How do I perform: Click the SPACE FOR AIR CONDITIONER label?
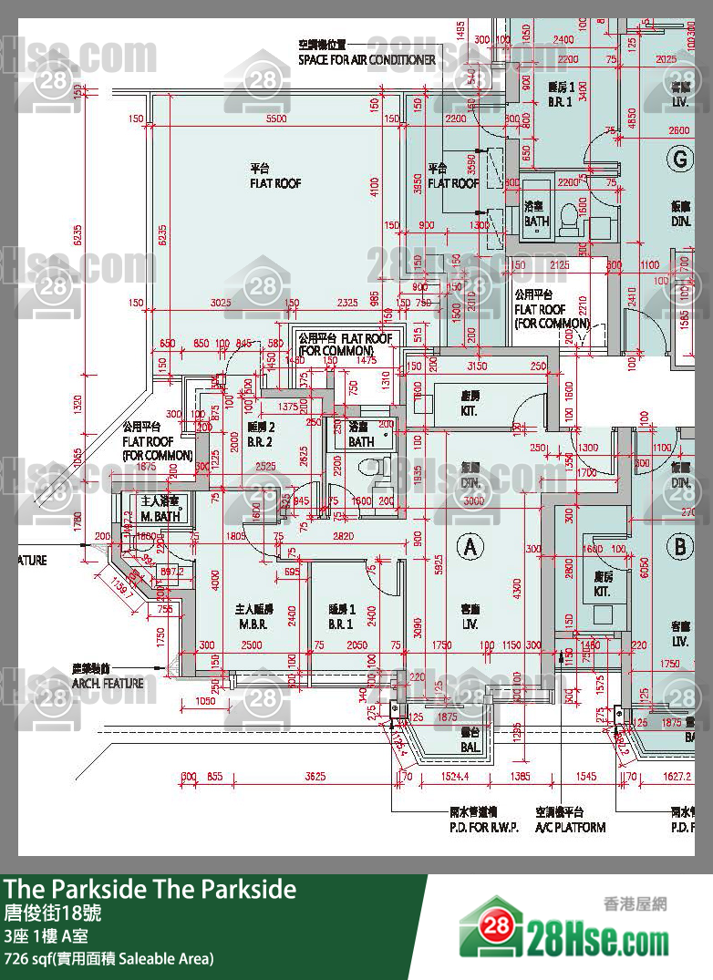[x=367, y=60]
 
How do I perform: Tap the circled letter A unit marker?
[x=470, y=547]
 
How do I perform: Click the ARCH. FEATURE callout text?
[x=108, y=683]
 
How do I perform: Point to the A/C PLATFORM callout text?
[x=572, y=827]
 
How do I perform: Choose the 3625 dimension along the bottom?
[x=315, y=777]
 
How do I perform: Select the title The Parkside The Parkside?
[x=150, y=890]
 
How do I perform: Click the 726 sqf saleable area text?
[x=108, y=958]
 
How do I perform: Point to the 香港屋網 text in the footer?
[x=635, y=903]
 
